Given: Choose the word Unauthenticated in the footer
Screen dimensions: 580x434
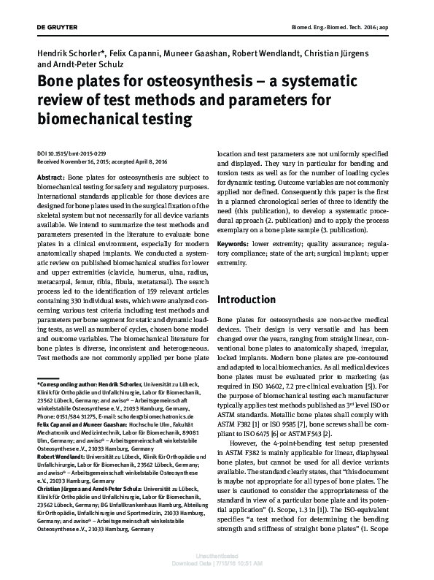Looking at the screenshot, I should click(216, 566).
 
